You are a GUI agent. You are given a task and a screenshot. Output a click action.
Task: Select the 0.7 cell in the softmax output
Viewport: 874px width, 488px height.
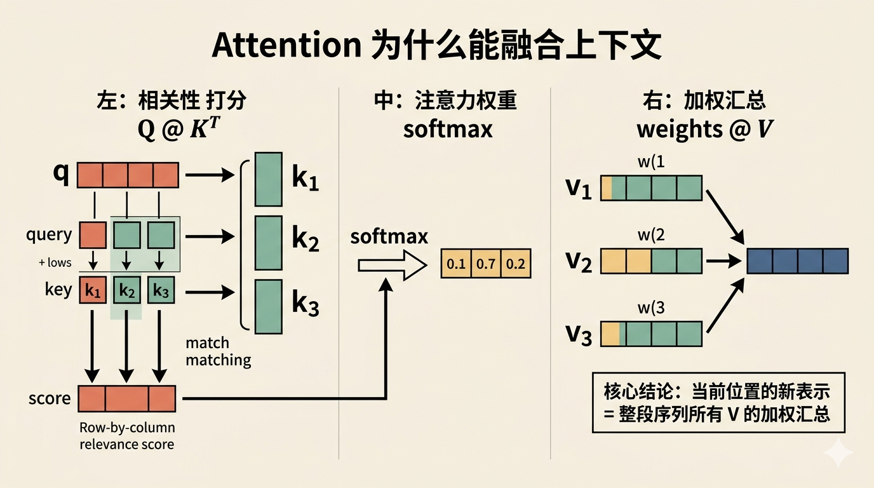pos(486,264)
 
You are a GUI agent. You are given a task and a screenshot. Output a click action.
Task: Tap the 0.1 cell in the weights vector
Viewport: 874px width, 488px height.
pos(456,264)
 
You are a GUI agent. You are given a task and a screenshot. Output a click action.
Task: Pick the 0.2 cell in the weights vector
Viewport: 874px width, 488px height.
pos(516,264)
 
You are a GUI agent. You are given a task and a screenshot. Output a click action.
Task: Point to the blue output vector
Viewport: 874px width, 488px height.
pos(798,261)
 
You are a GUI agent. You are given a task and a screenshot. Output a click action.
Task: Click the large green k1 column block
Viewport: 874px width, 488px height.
pos(268,179)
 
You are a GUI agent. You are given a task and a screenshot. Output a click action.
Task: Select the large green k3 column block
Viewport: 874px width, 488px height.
pos(268,306)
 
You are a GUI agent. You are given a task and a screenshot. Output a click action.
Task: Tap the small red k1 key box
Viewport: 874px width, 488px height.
pos(93,291)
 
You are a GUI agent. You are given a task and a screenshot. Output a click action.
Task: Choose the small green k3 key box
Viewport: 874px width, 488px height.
pos(161,291)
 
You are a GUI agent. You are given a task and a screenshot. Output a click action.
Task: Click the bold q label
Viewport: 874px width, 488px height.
pos(61,173)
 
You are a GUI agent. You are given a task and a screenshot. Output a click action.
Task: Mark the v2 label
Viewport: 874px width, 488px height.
pos(579,261)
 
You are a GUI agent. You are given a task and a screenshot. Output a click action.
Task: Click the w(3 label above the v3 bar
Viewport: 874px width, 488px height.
pos(651,309)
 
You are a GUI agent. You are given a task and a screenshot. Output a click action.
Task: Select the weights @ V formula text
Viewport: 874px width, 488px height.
pos(704,129)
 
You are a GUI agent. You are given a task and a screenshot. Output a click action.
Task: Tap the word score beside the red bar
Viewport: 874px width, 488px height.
pos(50,399)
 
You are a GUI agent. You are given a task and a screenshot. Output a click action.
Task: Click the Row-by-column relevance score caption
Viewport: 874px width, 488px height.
pos(127,436)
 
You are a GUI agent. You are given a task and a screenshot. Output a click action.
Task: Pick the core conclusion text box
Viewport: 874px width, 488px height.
pos(718,402)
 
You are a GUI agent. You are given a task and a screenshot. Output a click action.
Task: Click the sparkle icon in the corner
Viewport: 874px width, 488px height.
pos(838,453)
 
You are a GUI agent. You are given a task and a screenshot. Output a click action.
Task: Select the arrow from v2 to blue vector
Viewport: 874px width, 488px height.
pos(724,261)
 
